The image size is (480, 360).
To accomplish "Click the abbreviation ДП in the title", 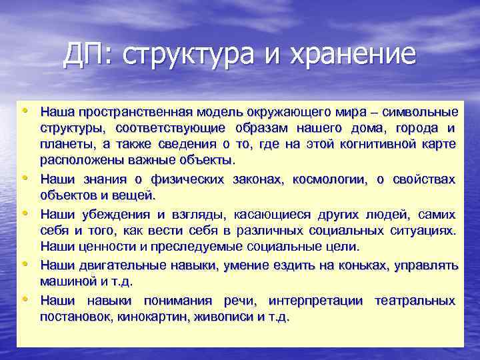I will pyautogui.click(x=81, y=54).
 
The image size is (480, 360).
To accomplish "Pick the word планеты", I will pyautogui.click(x=67, y=144).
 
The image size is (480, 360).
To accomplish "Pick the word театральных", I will pyautogui.click(x=415, y=300).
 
